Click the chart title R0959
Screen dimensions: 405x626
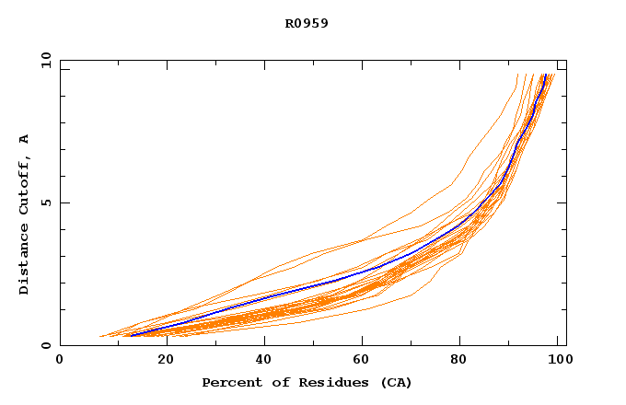coord(307,23)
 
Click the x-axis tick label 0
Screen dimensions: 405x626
coord(60,360)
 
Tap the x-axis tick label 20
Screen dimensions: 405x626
coord(160,360)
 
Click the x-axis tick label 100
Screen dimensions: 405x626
coord(558,360)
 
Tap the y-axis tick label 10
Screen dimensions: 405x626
coord(45,61)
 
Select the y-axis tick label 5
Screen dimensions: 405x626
coord(45,202)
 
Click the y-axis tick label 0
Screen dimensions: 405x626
coord(45,345)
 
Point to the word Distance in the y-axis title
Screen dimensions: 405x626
coord(24,261)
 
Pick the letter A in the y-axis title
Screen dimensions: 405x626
coord(24,139)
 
